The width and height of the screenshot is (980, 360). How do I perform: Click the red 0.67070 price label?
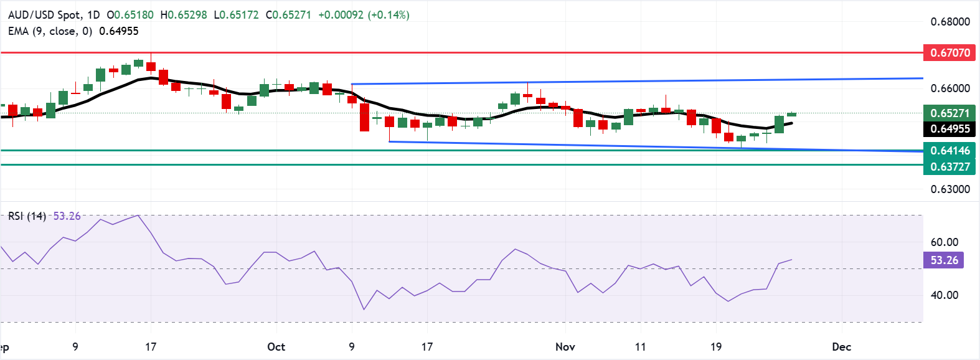[x=949, y=52]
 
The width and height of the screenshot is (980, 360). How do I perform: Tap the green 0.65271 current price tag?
[x=949, y=113]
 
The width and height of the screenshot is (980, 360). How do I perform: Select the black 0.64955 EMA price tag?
[x=949, y=129]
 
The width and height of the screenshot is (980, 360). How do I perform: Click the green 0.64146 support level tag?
[x=949, y=150]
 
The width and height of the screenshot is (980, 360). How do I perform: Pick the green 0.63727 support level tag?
[x=949, y=166]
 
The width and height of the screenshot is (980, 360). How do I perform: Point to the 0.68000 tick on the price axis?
[x=949, y=22]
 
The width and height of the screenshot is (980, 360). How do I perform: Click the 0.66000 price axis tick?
[x=949, y=88]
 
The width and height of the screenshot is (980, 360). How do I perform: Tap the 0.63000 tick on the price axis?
[x=949, y=189]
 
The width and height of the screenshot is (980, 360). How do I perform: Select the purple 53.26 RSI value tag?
[x=944, y=260]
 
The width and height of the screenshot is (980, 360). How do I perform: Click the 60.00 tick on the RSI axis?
[x=944, y=242]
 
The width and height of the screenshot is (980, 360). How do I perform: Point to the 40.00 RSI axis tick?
[x=944, y=295]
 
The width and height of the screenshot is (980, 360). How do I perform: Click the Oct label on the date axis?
[x=276, y=347]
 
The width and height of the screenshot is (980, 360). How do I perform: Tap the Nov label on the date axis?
[x=565, y=347]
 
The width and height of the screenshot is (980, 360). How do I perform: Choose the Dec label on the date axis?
[x=841, y=347]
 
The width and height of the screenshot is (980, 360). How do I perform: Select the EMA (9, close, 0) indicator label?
[x=50, y=31]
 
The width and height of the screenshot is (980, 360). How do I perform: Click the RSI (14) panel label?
[x=27, y=216]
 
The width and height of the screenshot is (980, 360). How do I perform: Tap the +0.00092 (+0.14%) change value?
[x=364, y=14]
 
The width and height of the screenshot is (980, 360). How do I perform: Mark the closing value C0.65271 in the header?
[x=288, y=14]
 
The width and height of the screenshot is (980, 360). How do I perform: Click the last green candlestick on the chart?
[x=791, y=114]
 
